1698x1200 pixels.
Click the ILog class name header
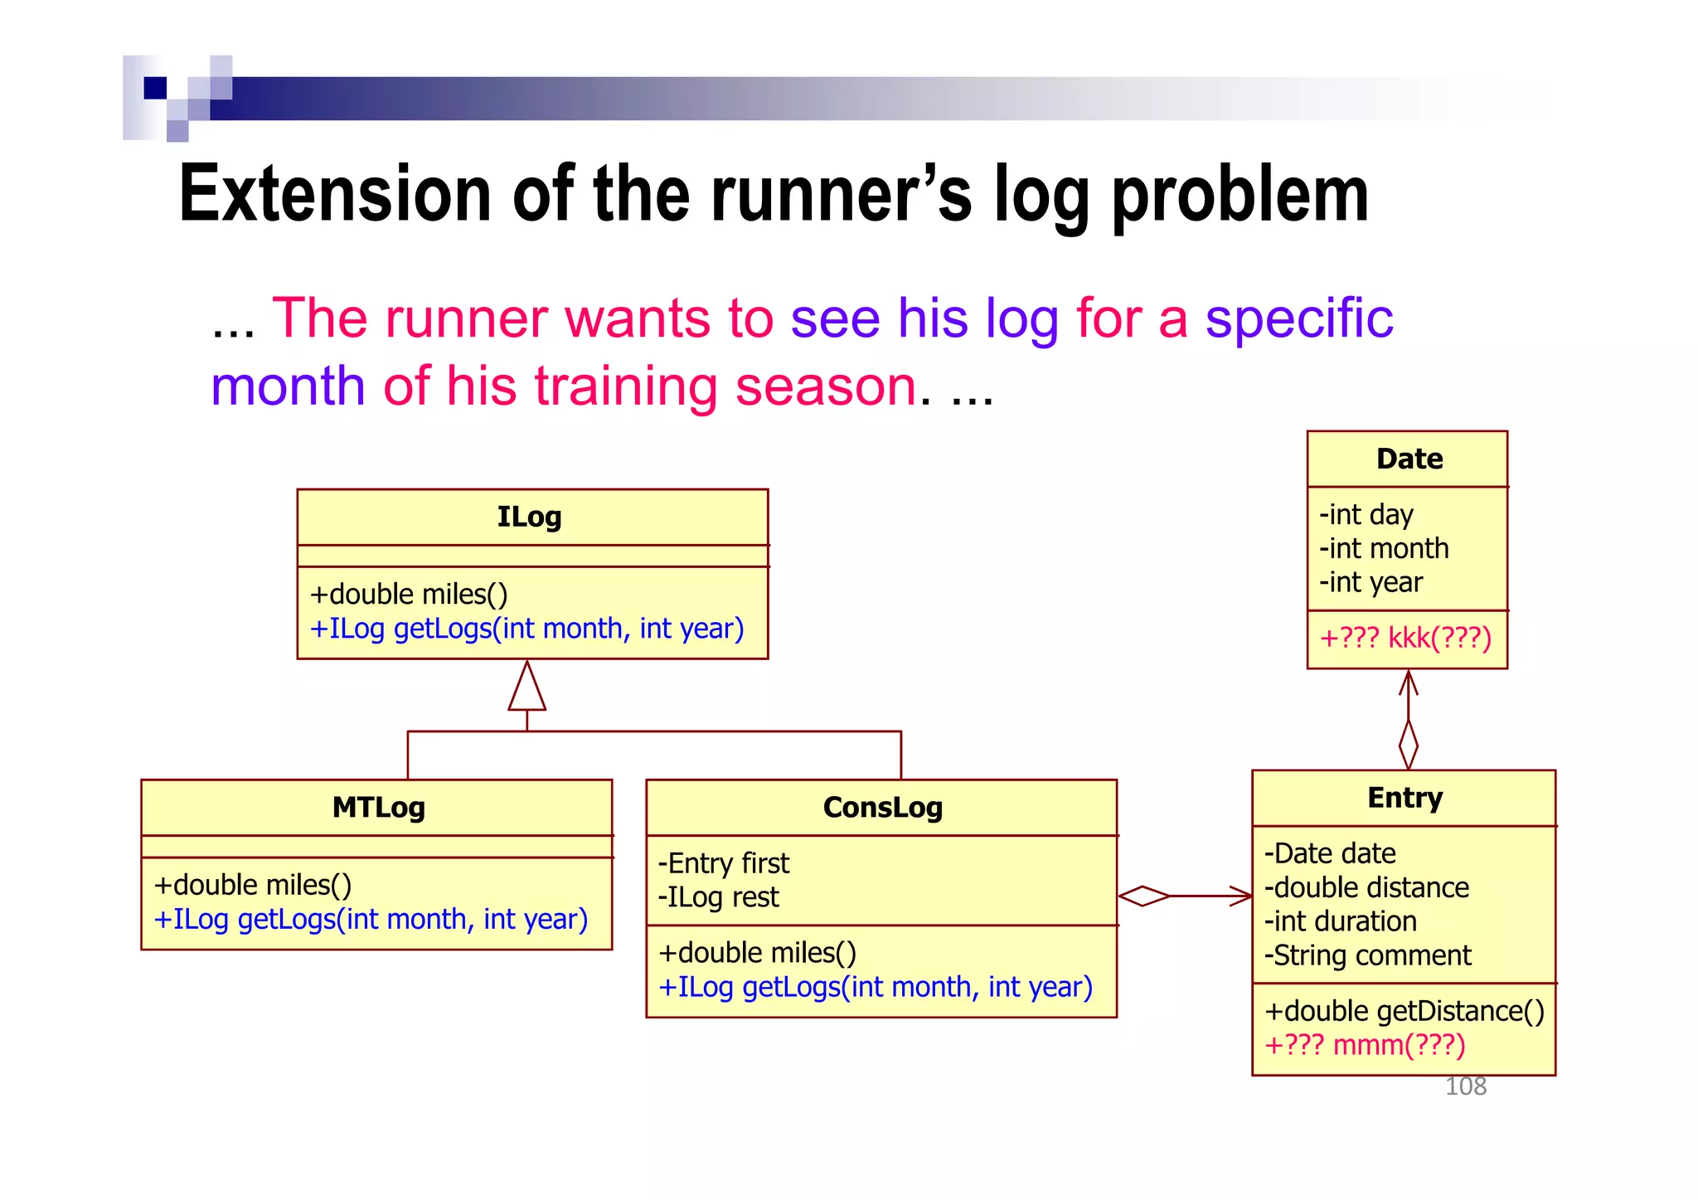point(529,517)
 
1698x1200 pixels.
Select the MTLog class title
point(378,807)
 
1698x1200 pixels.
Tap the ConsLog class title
point(882,807)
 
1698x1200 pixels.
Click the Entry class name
point(1404,798)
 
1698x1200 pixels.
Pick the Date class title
point(1409,459)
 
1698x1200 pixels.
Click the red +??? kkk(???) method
point(1405,638)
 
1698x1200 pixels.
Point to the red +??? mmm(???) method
point(1365,1045)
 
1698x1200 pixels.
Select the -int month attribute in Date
point(1384,548)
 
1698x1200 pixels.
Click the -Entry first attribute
point(723,863)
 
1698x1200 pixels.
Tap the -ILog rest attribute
point(718,897)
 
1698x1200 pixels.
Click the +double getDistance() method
point(1404,1011)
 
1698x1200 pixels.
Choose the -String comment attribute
point(1367,955)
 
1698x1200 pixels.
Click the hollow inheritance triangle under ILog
point(527,688)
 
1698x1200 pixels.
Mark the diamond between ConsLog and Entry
point(1143,896)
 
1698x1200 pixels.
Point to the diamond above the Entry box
point(1408,744)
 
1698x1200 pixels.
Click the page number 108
point(1465,1086)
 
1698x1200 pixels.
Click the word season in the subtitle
point(826,386)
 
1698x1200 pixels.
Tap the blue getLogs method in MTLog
point(371,920)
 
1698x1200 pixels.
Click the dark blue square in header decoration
point(155,88)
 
